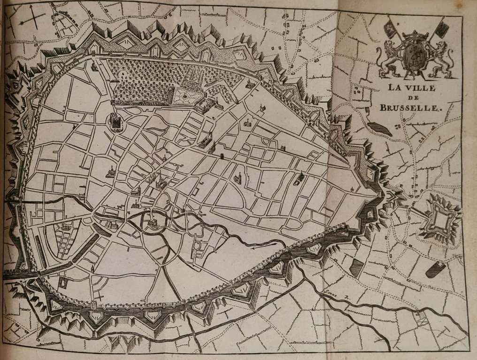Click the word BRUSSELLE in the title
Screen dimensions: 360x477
[412, 107]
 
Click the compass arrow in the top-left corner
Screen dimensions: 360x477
[31, 20]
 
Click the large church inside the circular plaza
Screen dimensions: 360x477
[116, 122]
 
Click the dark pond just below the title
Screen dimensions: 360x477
[379, 129]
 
